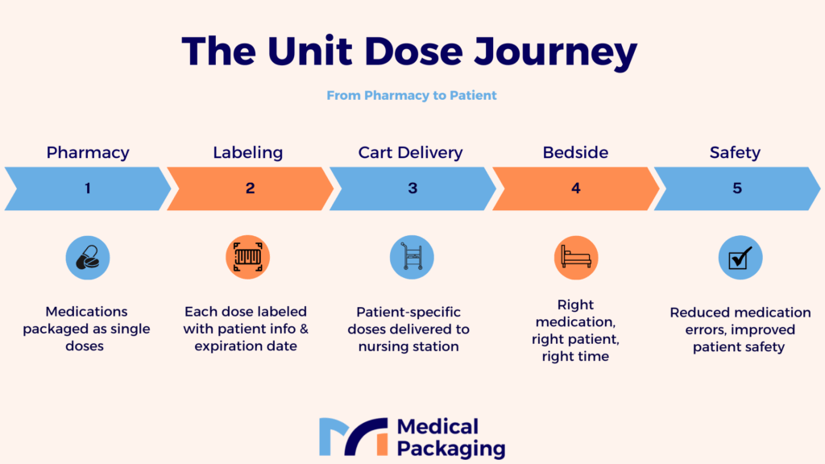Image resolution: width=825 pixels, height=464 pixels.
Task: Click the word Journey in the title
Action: coord(555,52)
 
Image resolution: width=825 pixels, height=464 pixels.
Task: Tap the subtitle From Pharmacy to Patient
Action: coord(412,95)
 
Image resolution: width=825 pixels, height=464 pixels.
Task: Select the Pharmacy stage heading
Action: coord(88,152)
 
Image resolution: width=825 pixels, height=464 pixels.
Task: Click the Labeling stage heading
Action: coord(248,152)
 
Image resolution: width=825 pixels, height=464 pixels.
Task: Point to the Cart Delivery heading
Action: coord(410,152)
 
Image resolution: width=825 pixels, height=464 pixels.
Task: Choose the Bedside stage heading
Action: coord(575,152)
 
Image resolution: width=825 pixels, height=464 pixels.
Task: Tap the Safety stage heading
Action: coord(735,152)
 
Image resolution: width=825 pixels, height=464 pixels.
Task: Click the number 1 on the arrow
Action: coord(88,188)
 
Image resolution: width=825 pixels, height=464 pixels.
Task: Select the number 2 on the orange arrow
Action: coord(250,188)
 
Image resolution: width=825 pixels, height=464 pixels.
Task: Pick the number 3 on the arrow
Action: coord(412,188)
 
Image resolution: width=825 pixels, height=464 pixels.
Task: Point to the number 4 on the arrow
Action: coord(575,188)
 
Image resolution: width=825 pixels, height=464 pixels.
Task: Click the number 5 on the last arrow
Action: coord(737,188)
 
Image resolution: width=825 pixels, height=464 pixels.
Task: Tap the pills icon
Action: coord(88,257)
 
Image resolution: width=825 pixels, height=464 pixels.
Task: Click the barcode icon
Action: coord(248,257)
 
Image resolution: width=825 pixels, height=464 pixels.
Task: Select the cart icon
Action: coord(412,257)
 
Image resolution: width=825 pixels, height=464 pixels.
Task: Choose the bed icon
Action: coord(576,257)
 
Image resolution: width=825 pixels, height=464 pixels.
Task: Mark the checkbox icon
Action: coord(740,257)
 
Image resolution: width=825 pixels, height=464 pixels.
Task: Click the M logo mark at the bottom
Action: coord(354,437)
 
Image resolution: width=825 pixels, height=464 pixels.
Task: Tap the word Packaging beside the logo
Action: coord(451,449)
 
